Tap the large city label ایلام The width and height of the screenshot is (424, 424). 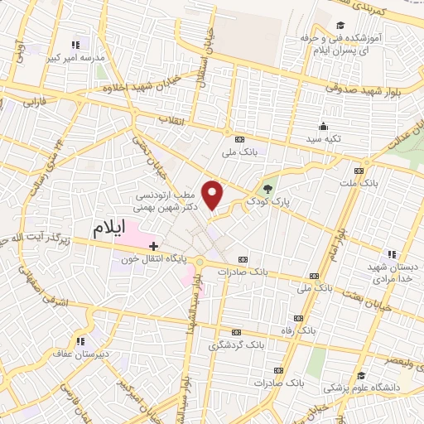coord(112,229)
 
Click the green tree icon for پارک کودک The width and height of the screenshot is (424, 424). coord(267,188)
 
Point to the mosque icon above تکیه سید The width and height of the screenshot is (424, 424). coord(323,126)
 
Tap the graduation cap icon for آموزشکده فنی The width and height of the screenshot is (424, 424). coord(340,25)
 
